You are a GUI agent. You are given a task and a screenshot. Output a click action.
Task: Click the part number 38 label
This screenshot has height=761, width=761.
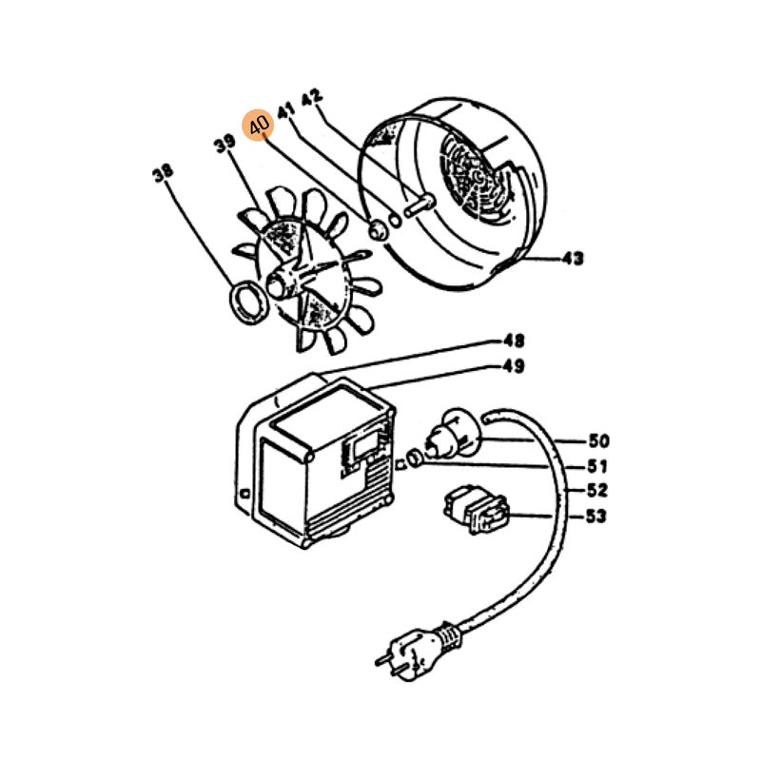click(x=162, y=173)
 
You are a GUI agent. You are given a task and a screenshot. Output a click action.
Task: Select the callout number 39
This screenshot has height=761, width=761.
click(x=224, y=144)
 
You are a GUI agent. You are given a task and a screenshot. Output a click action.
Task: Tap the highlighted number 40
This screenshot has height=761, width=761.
click(x=258, y=126)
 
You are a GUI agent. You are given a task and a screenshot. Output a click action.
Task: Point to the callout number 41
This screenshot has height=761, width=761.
click(x=286, y=110)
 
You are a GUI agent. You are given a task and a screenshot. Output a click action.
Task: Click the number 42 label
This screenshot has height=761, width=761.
click(x=311, y=97)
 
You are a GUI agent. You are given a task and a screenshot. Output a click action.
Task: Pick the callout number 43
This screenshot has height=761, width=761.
click(x=573, y=258)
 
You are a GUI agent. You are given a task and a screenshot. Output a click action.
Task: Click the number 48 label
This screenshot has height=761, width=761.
click(x=514, y=341)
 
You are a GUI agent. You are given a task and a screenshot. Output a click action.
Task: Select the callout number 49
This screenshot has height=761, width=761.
click(x=514, y=366)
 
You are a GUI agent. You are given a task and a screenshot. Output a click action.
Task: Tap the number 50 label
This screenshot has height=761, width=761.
click(x=599, y=440)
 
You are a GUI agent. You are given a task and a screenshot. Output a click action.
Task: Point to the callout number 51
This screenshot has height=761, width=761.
click(x=597, y=466)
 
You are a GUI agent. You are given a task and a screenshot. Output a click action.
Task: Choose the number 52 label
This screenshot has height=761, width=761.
click(x=597, y=490)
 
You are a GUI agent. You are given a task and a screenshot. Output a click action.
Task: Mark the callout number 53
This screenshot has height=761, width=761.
click(x=596, y=516)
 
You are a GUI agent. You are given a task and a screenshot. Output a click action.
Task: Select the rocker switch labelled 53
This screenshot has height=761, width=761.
click(x=477, y=509)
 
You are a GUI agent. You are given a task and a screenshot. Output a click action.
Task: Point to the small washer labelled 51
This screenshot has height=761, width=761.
click(x=415, y=458)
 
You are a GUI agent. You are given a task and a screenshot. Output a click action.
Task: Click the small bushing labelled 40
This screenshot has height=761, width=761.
click(x=379, y=229)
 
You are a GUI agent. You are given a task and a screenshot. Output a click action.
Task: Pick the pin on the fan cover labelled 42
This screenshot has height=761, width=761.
click(x=419, y=205)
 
